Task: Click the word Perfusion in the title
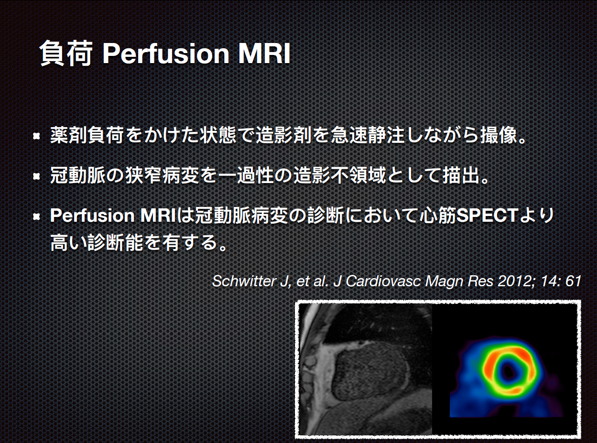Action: tap(165, 54)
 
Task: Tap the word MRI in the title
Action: tap(264, 54)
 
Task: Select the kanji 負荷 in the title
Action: tap(65, 54)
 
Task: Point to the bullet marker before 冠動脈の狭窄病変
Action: tap(36, 176)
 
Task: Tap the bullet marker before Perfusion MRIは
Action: tap(36, 216)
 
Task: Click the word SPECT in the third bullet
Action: tap(488, 216)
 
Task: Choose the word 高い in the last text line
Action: tap(68, 242)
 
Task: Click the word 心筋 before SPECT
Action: tap(438, 216)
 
